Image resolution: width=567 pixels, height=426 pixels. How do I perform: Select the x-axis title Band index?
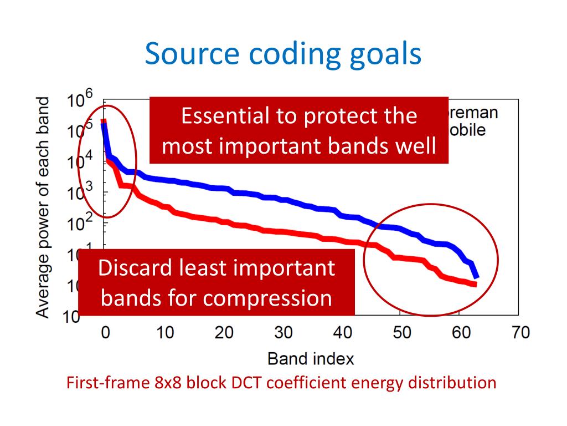tap(311, 358)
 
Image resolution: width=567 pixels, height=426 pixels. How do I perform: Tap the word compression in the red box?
tap(268, 298)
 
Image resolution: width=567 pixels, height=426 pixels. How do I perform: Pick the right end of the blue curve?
tap(476, 276)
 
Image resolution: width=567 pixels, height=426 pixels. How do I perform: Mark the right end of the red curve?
tap(475, 285)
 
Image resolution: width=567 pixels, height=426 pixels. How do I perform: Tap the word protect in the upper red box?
tap(326, 116)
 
